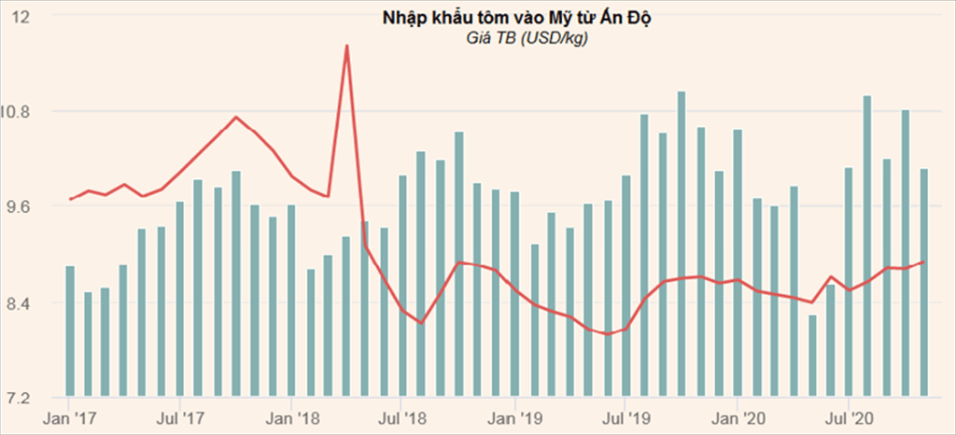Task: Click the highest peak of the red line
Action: [346, 46]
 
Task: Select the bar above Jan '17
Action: [69, 331]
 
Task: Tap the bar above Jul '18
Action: [403, 286]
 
